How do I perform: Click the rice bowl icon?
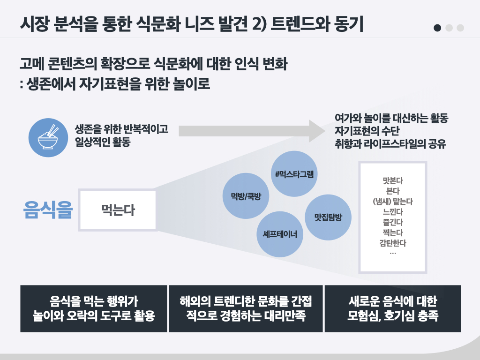coord(48,137)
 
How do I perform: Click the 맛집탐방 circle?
coord(328,217)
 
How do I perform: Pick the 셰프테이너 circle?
coord(280,234)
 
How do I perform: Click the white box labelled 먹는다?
coord(118,210)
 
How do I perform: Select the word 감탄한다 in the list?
coord(393,243)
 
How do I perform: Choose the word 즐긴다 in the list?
coord(393,222)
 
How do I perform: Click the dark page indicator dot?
coord(437,28)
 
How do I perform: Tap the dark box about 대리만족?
coord(246,308)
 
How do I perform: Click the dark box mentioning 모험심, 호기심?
coord(393,308)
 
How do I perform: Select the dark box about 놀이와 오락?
coord(94,308)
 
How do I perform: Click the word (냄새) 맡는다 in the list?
coord(393,202)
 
